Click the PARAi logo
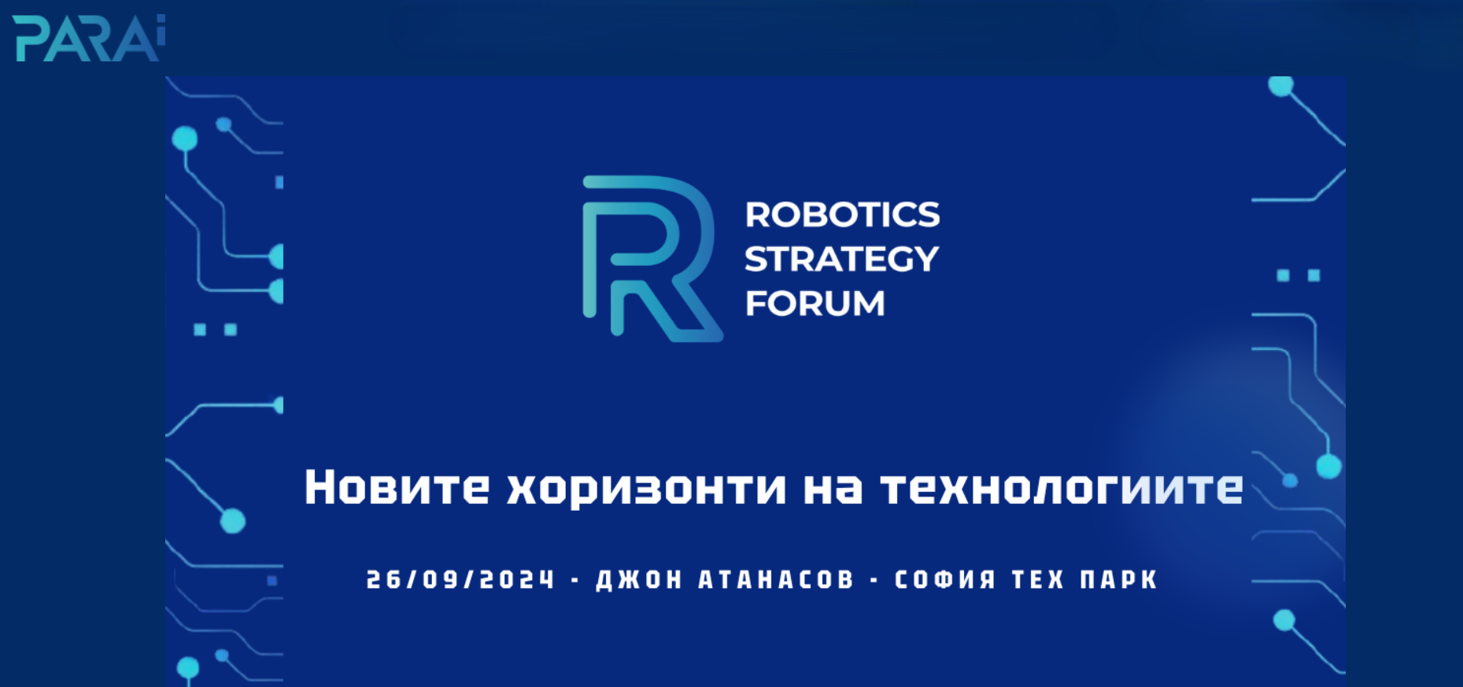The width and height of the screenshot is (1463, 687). click(x=89, y=38)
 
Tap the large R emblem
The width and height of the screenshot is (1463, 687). click(x=652, y=258)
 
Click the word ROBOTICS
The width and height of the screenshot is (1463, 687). click(x=842, y=215)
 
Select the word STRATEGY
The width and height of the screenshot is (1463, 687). click(x=841, y=259)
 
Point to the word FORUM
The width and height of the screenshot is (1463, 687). click(x=815, y=303)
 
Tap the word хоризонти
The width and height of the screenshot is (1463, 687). click(x=646, y=489)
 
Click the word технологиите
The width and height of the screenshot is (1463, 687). click(x=1062, y=489)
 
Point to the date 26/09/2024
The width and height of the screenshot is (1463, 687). click(x=460, y=580)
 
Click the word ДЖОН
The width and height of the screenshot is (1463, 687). click(x=639, y=580)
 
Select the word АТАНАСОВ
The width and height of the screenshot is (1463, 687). click(x=776, y=580)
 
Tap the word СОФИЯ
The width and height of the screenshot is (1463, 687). click(x=945, y=580)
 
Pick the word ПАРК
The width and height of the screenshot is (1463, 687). click(x=1118, y=580)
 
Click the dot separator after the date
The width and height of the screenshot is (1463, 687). click(x=575, y=581)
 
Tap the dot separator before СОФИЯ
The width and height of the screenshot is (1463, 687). click(x=874, y=581)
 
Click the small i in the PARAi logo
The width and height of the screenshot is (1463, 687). click(x=161, y=35)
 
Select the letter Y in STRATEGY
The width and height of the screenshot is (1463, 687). click(x=925, y=259)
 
